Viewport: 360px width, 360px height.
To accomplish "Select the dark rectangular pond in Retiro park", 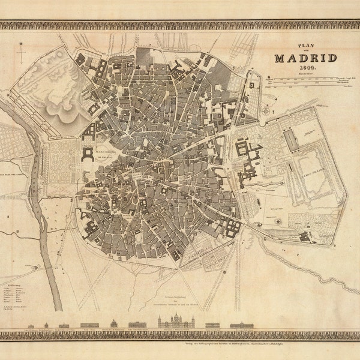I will tap(292, 142).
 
